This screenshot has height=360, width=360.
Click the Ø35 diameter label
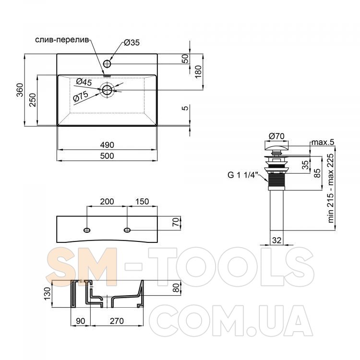coord(132,42)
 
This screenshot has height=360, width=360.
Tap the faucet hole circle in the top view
coord(107,63)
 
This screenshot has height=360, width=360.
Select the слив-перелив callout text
coord(62,40)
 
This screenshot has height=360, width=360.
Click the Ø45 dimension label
coord(84,82)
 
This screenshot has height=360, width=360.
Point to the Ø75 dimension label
coord(81,96)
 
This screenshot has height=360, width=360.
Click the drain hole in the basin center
coord(107,90)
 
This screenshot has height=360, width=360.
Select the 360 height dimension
coord(20,90)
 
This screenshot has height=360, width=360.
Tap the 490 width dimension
coord(107,145)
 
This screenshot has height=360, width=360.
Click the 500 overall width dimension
coord(107,156)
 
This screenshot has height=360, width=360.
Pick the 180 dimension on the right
coord(198,72)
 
